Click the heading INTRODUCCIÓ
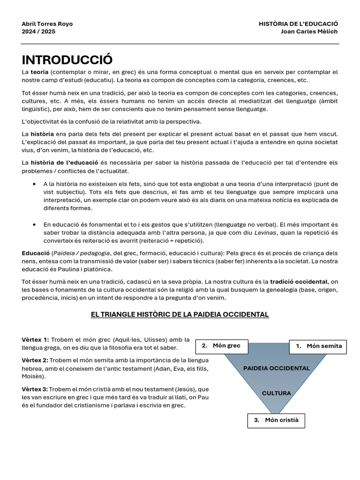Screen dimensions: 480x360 tap(67, 60)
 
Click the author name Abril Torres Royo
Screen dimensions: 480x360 tap(47, 24)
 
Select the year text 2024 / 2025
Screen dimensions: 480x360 tap(38, 31)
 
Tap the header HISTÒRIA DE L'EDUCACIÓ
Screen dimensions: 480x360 tap(298, 24)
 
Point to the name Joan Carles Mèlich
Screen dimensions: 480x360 tap(309, 31)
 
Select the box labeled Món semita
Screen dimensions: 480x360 tap(318, 346)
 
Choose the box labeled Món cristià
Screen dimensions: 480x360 tap(276, 420)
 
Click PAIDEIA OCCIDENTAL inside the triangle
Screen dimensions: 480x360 tap(277, 368)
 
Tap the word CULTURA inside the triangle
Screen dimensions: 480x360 tap(277, 393)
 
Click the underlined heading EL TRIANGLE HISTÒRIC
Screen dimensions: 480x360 tap(180, 314)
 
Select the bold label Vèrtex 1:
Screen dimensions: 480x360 tap(35, 339)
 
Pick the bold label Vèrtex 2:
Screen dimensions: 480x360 tap(35, 360)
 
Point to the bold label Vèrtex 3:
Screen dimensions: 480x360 tap(35, 389)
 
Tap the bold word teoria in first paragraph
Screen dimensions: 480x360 tap(39, 72)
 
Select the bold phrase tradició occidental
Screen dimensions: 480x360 tap(299, 282)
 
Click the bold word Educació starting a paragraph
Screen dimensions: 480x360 tap(36, 253)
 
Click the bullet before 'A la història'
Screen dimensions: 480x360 tap(35, 184)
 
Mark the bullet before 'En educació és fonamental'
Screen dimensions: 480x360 tap(35, 225)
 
